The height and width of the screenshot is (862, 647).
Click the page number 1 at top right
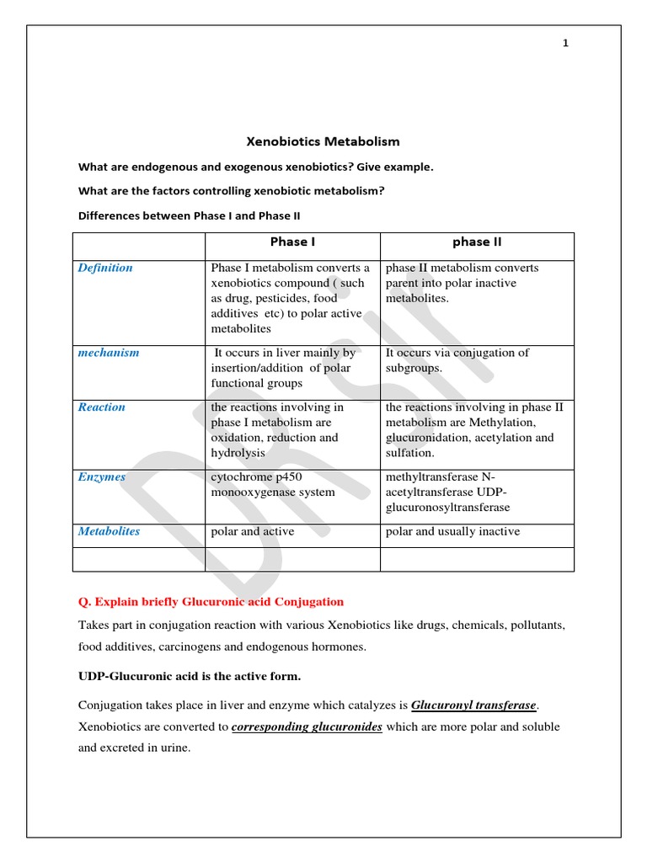click(x=566, y=44)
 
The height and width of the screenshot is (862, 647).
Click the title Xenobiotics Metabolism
click(x=323, y=141)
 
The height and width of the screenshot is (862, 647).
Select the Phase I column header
click(x=292, y=242)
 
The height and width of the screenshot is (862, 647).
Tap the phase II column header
click(x=477, y=242)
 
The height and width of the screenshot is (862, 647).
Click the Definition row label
click(x=105, y=268)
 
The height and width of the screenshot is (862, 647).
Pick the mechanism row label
click(x=109, y=353)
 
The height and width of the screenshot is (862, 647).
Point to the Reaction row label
click(x=101, y=407)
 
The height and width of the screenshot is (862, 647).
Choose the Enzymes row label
click(x=102, y=476)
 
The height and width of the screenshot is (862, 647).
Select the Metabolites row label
click(x=109, y=531)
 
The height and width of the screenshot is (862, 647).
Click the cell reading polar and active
click(x=253, y=531)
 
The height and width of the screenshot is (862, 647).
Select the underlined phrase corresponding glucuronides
click(x=307, y=726)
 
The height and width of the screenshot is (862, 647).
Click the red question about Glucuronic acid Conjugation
click(x=211, y=601)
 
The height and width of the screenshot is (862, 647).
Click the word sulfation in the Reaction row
click(x=409, y=453)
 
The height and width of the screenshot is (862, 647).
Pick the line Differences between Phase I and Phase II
click(x=190, y=215)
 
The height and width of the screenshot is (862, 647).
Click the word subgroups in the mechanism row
click(x=413, y=368)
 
